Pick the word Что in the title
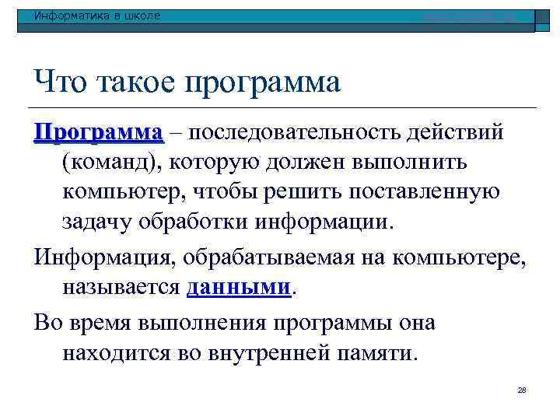click(56, 80)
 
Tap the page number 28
click(522, 390)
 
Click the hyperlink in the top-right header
click(467, 16)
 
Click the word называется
click(121, 287)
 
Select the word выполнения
click(178, 322)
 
